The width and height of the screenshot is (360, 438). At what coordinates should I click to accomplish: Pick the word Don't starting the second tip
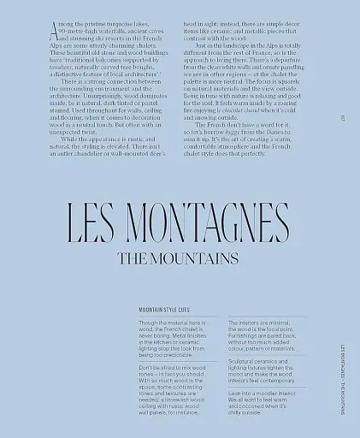[148, 368]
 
